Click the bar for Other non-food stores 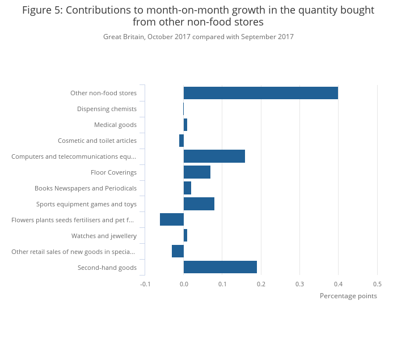[261, 93]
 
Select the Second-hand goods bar [220, 268]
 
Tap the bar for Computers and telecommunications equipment [214, 156]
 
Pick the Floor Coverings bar [197, 172]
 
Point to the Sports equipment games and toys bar [199, 204]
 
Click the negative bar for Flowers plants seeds [172, 220]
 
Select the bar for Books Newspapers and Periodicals [187, 188]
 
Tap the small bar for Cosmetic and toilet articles [181, 141]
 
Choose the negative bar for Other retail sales [178, 252]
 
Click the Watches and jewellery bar [185, 236]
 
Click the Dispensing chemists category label [107, 109]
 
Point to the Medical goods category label [115, 125]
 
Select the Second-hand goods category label [107, 268]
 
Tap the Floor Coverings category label [113, 172]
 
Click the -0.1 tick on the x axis [146, 284]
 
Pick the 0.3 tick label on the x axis [299, 284]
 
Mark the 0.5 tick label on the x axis [377, 284]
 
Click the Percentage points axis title [348, 296]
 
